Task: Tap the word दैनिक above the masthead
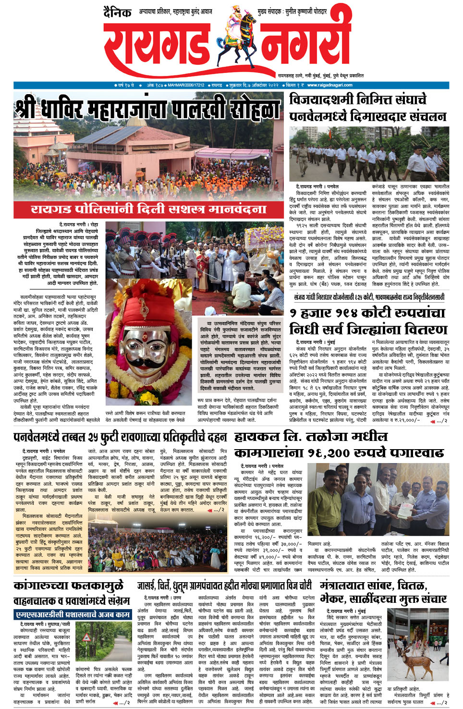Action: click(118, 13)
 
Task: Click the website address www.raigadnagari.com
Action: click(329, 85)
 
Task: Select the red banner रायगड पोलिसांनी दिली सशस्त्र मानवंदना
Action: click(148, 209)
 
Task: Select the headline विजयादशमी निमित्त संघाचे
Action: click(358, 100)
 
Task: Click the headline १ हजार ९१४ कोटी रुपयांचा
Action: click(367, 313)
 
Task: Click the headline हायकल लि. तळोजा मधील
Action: click(311, 437)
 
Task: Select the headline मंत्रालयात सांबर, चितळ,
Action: click(373, 586)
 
